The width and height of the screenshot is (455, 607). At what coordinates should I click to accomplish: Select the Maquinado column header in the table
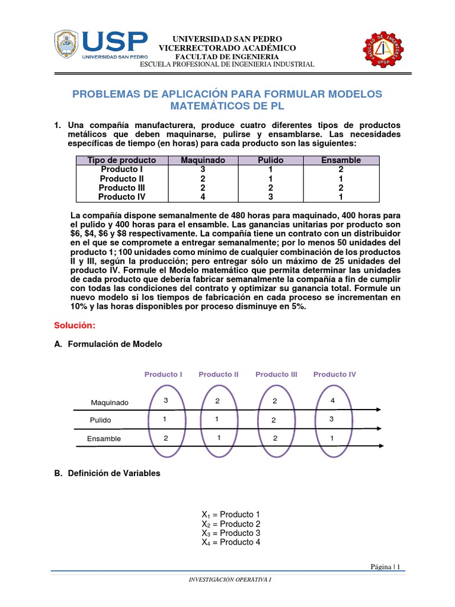tap(203, 160)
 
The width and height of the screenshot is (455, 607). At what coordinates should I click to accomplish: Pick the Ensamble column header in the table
tap(341, 160)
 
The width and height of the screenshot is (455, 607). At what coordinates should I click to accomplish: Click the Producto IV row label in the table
tap(121, 197)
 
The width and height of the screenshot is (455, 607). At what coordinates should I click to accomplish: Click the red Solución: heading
tap(74, 325)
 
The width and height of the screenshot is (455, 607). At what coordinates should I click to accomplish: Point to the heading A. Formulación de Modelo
tap(108, 344)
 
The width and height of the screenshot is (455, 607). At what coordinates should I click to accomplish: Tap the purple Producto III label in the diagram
tap(276, 374)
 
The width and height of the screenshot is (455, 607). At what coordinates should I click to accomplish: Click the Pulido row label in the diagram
tap(100, 420)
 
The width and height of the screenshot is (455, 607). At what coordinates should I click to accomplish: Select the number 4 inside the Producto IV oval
tap(332, 401)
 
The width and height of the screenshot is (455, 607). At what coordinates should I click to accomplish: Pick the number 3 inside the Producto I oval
tap(166, 401)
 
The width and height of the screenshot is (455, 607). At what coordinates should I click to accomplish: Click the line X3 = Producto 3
tap(231, 533)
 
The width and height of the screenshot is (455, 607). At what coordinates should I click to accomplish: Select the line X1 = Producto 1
tap(231, 514)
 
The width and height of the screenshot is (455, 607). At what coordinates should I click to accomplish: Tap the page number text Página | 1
tap(385, 567)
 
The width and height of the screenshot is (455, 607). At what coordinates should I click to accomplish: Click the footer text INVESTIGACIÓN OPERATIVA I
tap(229, 579)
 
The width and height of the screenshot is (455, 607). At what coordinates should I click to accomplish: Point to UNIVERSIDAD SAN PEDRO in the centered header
tap(227, 39)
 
